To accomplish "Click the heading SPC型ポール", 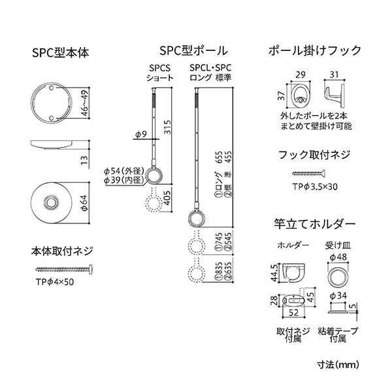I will click(193, 50).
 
